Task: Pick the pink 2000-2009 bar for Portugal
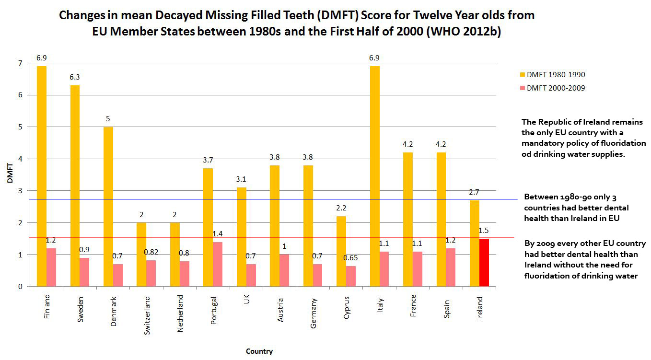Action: pos(217,264)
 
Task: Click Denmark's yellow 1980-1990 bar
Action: pos(108,207)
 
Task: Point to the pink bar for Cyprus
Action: pos(351,276)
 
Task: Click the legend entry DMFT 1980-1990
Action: pos(556,75)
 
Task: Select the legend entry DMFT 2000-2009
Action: pos(556,88)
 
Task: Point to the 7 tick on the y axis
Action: pos(21,63)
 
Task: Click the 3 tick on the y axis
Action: pos(21,191)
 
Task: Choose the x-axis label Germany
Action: pos(314,313)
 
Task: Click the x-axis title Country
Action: pos(259,351)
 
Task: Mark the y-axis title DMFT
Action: pos(10,175)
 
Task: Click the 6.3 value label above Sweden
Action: pos(75,77)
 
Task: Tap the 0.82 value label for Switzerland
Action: pos(151,251)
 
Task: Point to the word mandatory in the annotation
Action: pos(542,143)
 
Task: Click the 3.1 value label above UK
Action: pos(241,179)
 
